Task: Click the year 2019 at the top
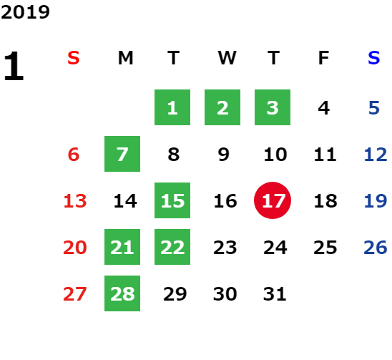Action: click(25, 12)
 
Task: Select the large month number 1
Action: click(14, 66)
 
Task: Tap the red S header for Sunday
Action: click(74, 58)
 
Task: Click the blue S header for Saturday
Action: click(374, 58)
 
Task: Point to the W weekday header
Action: click(227, 58)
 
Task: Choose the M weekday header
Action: click(125, 58)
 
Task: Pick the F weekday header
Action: click(324, 58)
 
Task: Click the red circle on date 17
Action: click(273, 200)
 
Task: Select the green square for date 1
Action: click(172, 107)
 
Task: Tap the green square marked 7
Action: click(122, 154)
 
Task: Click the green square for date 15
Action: click(172, 200)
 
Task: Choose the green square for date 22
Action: click(172, 247)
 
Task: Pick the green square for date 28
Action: click(122, 293)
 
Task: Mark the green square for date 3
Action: click(273, 107)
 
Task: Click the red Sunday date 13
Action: click(75, 201)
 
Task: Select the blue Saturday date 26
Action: click(376, 248)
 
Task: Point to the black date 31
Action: click(275, 294)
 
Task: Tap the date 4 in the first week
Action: click(324, 108)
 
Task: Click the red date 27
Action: click(75, 294)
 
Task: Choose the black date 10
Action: click(275, 155)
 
